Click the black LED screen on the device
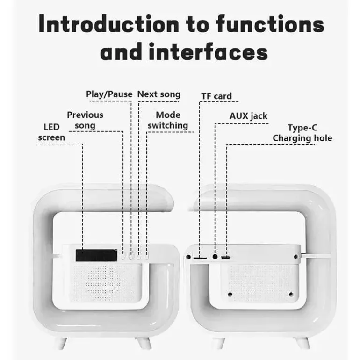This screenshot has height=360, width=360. [96, 255]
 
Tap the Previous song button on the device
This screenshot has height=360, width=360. [123, 256]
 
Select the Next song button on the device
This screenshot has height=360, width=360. [138, 256]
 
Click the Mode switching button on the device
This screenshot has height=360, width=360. [146, 256]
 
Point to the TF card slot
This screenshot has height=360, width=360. [200, 258]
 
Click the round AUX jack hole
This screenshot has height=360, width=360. [215, 257]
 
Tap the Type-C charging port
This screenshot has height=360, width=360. [226, 257]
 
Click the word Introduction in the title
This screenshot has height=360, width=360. [109, 24]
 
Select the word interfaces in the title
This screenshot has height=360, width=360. [208, 51]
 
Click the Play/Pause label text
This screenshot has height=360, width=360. [109, 94]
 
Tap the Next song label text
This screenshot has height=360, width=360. [159, 94]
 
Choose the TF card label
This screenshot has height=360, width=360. [216, 96]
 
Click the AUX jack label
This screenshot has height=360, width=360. [248, 116]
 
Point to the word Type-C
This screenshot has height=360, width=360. [302, 128]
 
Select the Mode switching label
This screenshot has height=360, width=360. [168, 120]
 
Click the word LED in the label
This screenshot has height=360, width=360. [51, 127]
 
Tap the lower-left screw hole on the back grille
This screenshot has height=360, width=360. [230, 295]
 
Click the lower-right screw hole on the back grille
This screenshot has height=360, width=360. [291, 295]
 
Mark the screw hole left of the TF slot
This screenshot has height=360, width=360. [188, 257]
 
